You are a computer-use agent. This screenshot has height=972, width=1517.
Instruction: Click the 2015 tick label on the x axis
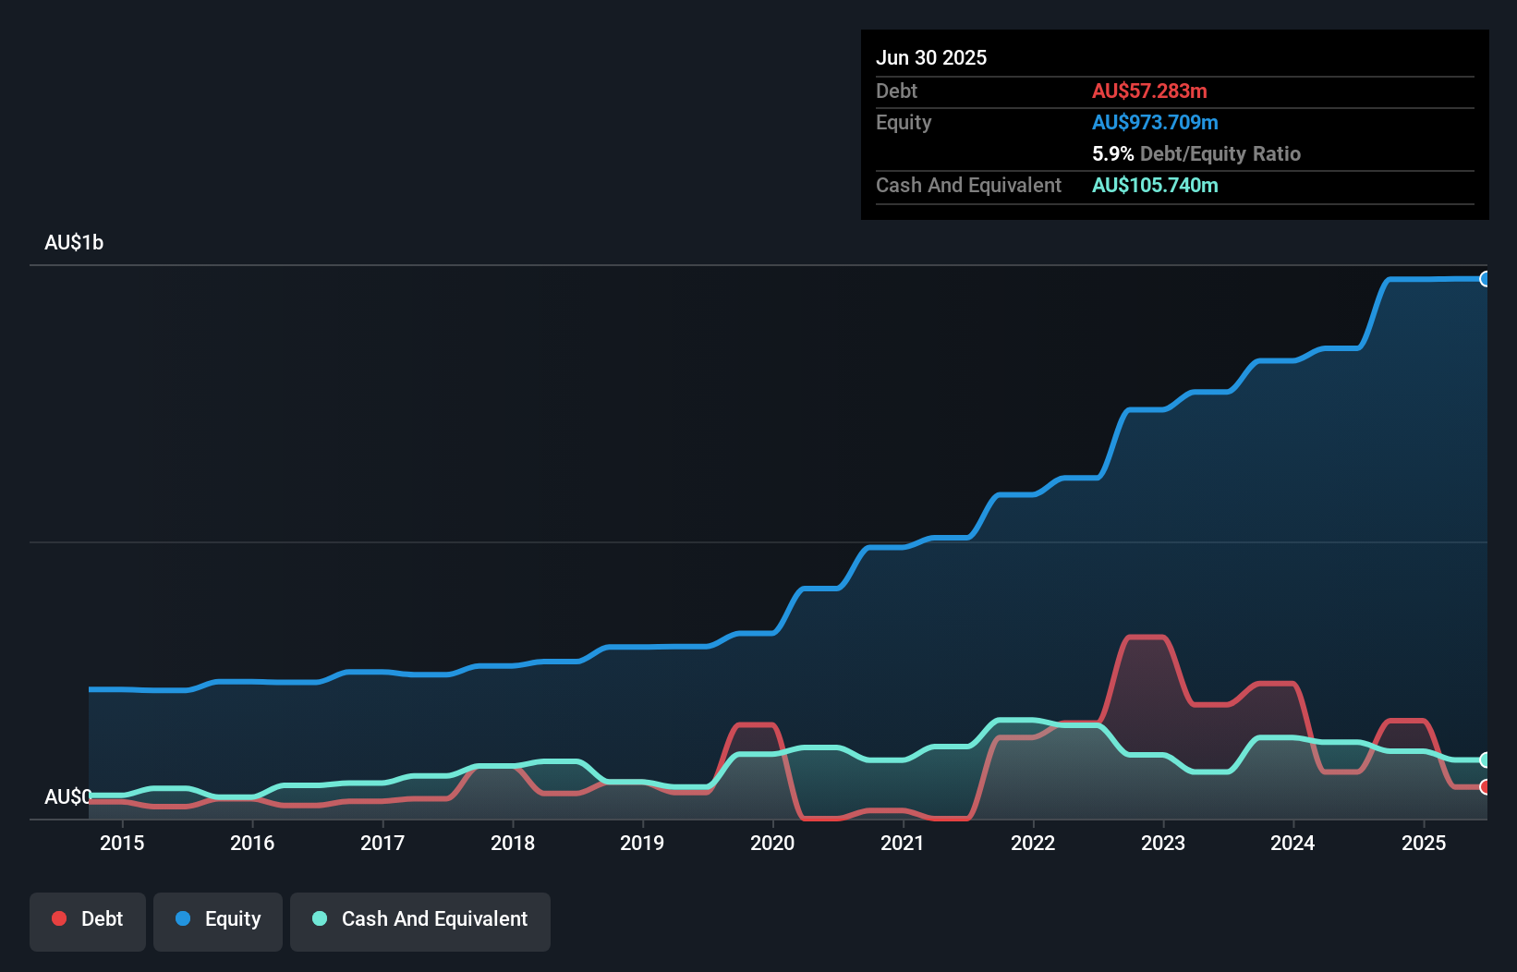[122, 843]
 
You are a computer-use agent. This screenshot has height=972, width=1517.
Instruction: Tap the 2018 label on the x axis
[513, 843]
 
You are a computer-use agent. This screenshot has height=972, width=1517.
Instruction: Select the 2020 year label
[772, 843]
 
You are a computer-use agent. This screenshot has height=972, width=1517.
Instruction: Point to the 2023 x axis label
[1163, 843]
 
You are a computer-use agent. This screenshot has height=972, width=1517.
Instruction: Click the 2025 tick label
[1424, 843]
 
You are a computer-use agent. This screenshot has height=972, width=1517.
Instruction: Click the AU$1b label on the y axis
[74, 242]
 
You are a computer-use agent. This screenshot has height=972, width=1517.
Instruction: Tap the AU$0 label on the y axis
[67, 796]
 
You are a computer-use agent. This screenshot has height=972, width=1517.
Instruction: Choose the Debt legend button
[88, 919]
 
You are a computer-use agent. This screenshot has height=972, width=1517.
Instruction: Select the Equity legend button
[218, 919]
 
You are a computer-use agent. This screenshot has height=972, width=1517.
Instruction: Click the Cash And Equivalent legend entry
[420, 919]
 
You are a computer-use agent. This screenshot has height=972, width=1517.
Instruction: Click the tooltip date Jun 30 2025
[931, 57]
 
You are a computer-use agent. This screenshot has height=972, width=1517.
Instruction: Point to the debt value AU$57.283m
[1149, 91]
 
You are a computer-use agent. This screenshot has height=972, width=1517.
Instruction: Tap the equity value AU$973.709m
[1155, 122]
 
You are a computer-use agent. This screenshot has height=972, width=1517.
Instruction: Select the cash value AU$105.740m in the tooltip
[1155, 185]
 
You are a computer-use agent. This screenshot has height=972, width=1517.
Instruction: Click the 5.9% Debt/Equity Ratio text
[1195, 153]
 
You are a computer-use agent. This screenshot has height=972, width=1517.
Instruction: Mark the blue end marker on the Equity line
[1485, 279]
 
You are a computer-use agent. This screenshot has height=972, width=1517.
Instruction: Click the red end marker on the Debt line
[1485, 787]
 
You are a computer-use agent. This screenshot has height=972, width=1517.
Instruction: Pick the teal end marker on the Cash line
[1485, 759]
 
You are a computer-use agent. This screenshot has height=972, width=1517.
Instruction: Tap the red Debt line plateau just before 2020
[756, 724]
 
